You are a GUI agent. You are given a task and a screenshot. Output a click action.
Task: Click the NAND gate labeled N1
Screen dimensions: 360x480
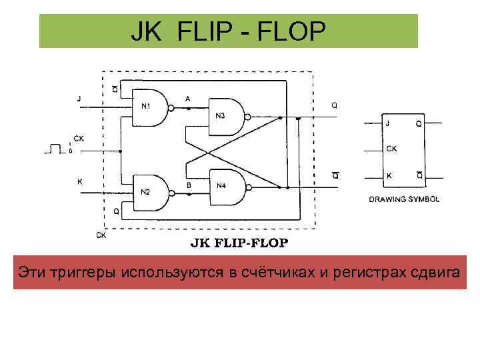tap(149, 107)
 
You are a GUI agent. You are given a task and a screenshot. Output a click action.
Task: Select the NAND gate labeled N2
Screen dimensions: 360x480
tap(149, 193)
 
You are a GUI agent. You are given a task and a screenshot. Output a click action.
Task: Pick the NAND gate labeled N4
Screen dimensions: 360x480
tap(225, 185)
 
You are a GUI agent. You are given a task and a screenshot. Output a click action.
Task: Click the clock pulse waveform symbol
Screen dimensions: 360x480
tap(54, 149)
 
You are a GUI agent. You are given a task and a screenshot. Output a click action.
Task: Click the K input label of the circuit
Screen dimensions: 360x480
tap(80, 181)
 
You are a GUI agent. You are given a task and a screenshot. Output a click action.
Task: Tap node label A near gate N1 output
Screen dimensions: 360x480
tap(187, 99)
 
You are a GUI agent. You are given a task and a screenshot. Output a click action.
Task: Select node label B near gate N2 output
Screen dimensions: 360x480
tap(189, 183)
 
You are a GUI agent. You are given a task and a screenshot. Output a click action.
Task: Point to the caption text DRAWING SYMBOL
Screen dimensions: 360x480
tap(404, 199)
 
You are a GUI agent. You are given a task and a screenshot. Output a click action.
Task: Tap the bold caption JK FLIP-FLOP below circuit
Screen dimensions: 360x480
tap(240, 243)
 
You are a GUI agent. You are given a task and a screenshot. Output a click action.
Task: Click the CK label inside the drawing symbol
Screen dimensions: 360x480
tap(392, 149)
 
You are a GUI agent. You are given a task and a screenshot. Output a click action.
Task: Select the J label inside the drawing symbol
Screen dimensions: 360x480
tap(388, 123)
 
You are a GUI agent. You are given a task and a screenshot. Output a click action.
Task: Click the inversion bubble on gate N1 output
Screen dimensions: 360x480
tap(171, 107)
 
